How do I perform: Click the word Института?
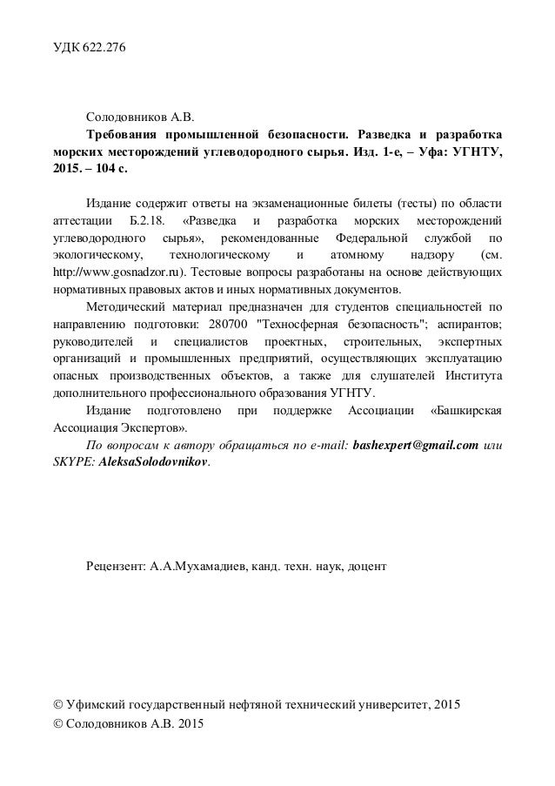(471, 379)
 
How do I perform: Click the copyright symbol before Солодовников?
(58, 723)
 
